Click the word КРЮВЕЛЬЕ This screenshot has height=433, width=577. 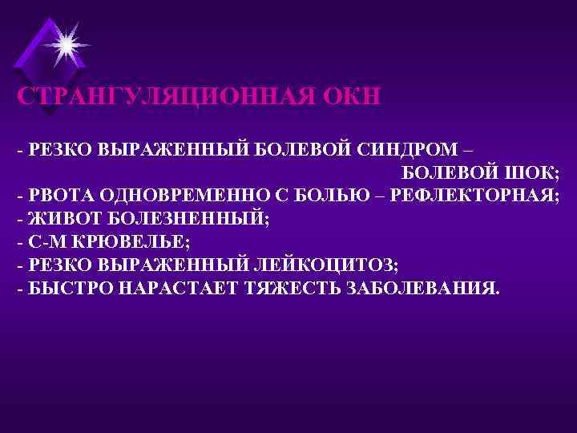point(128,241)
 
